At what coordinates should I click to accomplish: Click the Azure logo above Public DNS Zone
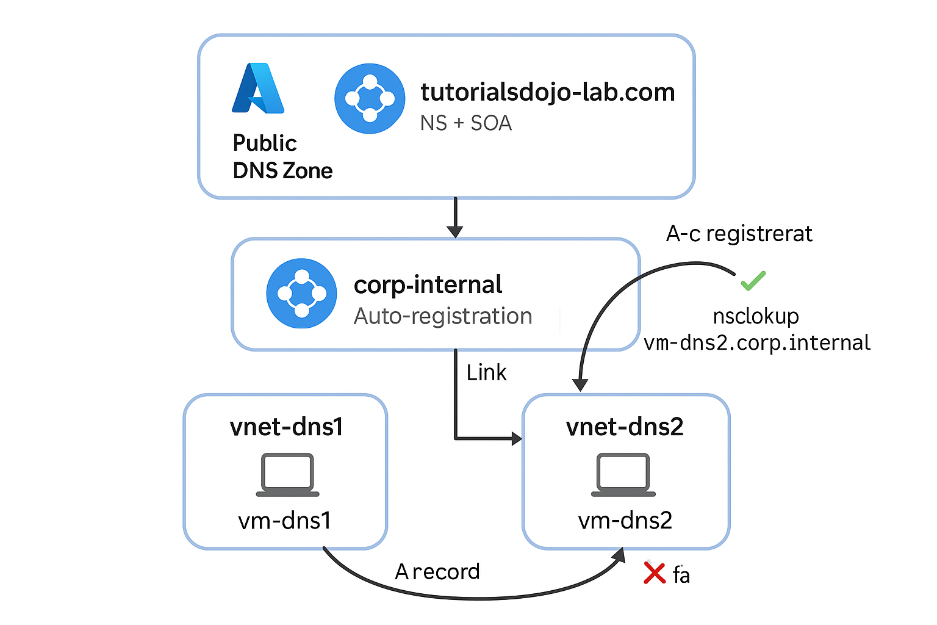pos(258,88)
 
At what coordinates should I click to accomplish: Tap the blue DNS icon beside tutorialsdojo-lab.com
pos(370,99)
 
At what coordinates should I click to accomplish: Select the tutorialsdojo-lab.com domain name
pos(548,93)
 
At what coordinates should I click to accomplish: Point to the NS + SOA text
pos(466,123)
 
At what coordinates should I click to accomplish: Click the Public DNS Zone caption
pos(282,157)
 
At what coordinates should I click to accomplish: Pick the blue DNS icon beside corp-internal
pos(301,294)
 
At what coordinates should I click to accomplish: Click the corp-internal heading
pos(428,285)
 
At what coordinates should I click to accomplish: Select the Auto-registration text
pos(443,316)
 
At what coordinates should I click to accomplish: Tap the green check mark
pos(753,281)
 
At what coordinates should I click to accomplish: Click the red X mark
pos(655,573)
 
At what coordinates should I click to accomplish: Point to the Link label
pos(486,372)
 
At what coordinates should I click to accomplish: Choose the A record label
pos(437,571)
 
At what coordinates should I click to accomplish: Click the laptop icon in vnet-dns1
pos(288,475)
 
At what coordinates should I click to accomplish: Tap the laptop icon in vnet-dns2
pos(623,475)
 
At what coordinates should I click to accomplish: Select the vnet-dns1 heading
pos(287,427)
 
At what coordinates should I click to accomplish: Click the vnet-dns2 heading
pos(625,427)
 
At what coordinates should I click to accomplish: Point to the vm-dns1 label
pos(285,521)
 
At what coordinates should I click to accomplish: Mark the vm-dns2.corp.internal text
pos(757,343)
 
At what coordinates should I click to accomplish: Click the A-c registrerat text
pos(739,233)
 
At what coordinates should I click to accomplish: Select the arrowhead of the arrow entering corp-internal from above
pos(455,232)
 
